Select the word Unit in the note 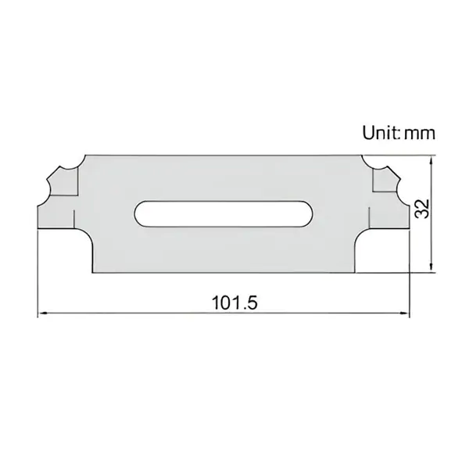pos(379,132)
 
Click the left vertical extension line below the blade pos(38,274)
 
